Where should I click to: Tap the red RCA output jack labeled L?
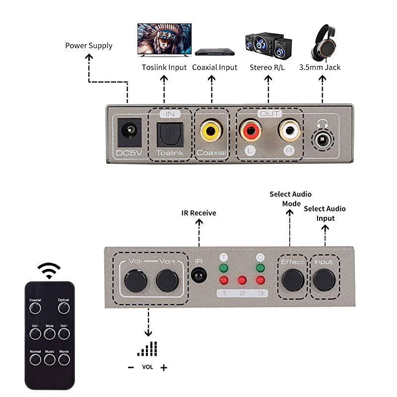pyautogui.click(x=250, y=132)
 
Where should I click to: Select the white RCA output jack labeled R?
pyautogui.click(x=289, y=132)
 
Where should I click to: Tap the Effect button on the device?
pyautogui.click(x=293, y=280)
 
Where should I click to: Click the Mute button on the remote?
pyautogui.click(x=49, y=333)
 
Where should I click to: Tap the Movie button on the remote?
pyautogui.click(x=64, y=359)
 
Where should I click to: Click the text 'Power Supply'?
pyautogui.click(x=89, y=46)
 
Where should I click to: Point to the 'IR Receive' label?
pyautogui.click(x=198, y=213)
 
